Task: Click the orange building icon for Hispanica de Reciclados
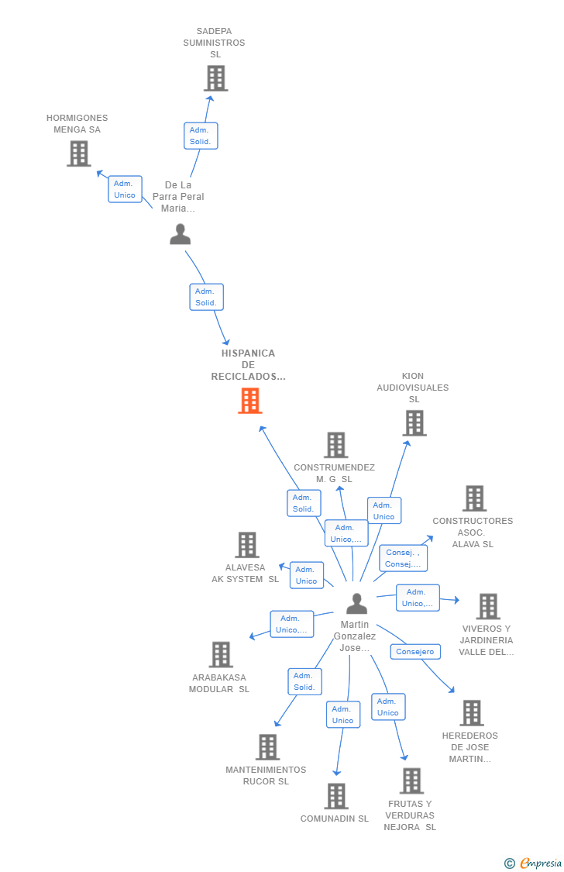pos(249,401)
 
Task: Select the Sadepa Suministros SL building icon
pos(215,78)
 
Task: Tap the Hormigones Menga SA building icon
pos(78,153)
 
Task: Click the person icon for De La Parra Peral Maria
pos(181,234)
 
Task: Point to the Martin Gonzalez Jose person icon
pos(356,603)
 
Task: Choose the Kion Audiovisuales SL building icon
pos(414,423)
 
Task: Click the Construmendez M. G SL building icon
pos(335,445)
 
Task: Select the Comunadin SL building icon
pos(335,796)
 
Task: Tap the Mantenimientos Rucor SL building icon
pos(267,747)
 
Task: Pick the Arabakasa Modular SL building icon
pos(221,655)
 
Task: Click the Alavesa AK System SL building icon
pos(246,545)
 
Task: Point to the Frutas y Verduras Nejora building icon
pos(411,781)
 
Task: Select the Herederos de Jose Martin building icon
pos(471,713)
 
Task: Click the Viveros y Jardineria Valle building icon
pos(487,606)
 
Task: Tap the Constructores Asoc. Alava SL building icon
pos(474,498)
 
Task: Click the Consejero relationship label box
pos(415,652)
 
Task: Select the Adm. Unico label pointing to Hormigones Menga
pos(125,189)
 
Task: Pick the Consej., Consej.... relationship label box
pos(403,558)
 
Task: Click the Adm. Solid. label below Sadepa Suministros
pos(201,136)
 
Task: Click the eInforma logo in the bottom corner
pos(538,863)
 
